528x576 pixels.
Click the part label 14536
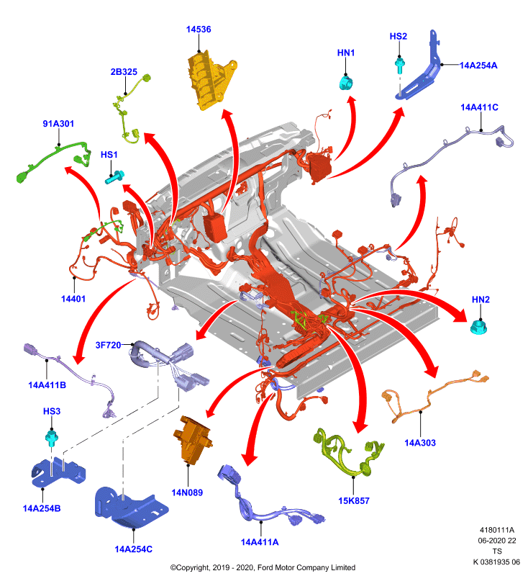point(199,30)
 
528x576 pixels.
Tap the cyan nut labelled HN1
point(346,83)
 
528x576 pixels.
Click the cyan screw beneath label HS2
point(399,65)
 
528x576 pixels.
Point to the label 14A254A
point(478,66)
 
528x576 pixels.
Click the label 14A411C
point(479,107)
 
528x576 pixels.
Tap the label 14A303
point(420,443)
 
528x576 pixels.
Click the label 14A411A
point(260,542)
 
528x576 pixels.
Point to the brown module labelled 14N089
point(192,440)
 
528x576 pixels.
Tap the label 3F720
point(108,345)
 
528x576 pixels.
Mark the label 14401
point(73,299)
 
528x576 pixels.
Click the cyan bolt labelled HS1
point(115,177)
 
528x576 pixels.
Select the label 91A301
point(58,124)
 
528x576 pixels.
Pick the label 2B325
point(124,71)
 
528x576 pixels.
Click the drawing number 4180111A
point(497,530)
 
